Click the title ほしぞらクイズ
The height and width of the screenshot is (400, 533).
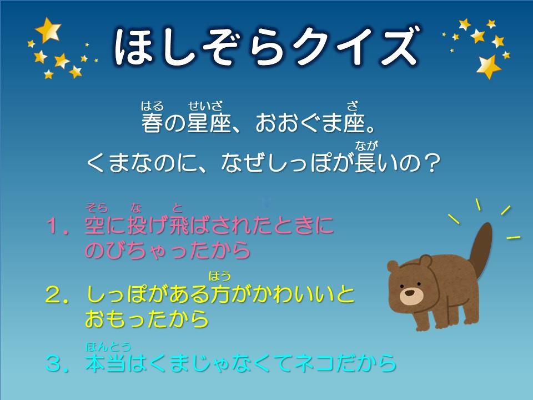[266, 46]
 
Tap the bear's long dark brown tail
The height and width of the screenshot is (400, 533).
[480, 250]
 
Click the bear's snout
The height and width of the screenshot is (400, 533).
[411, 296]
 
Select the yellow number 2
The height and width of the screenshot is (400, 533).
[54, 295]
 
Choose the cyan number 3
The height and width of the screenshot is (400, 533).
[54, 363]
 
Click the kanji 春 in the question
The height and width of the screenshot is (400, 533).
[152, 123]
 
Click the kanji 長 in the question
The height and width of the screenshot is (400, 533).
[365, 163]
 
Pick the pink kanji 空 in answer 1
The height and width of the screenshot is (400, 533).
[95, 226]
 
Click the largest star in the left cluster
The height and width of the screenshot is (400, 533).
[48, 29]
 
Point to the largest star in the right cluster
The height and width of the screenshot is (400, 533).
[488, 67]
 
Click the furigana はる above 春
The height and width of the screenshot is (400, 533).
[152, 106]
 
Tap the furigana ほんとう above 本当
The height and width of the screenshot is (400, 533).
[108, 347]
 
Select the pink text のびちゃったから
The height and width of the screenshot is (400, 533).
[168, 251]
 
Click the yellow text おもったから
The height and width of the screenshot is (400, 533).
[147, 319]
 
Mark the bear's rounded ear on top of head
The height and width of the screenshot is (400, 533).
[425, 261]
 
